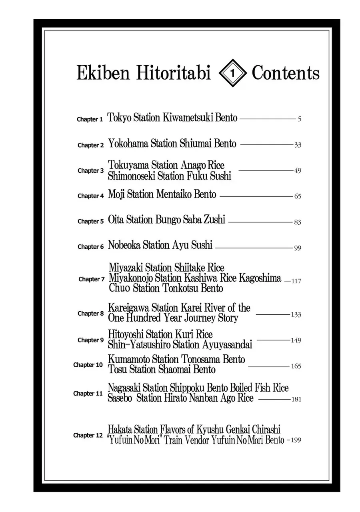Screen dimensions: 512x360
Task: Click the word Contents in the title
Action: click(286, 73)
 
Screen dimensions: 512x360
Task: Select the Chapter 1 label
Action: click(90, 119)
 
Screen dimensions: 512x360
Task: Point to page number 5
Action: click(299, 119)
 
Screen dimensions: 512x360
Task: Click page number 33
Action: click(297, 145)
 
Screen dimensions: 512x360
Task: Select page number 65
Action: click(297, 196)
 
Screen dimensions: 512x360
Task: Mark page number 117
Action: click(296, 281)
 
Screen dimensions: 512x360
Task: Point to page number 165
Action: click(296, 366)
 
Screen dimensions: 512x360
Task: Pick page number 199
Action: click(296, 440)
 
